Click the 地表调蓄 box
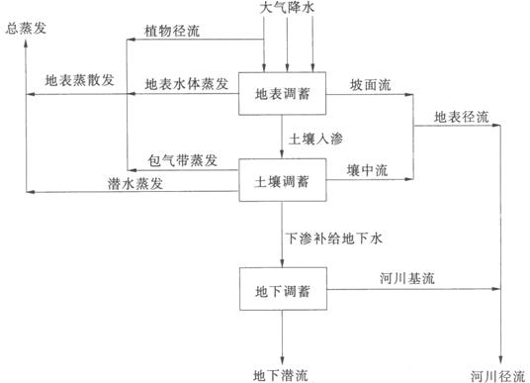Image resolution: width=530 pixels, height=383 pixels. pyautogui.click(x=283, y=96)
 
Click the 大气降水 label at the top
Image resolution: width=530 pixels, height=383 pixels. pyautogui.click(x=288, y=8)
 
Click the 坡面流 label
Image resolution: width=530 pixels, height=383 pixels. pyautogui.click(x=369, y=82)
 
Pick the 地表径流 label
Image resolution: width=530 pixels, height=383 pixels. pyautogui.click(x=461, y=118)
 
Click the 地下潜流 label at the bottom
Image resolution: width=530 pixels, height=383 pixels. pyautogui.click(x=281, y=374)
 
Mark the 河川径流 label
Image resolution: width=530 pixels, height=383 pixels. pyautogui.click(x=497, y=374)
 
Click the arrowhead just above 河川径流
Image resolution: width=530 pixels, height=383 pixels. pyautogui.click(x=503, y=358)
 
